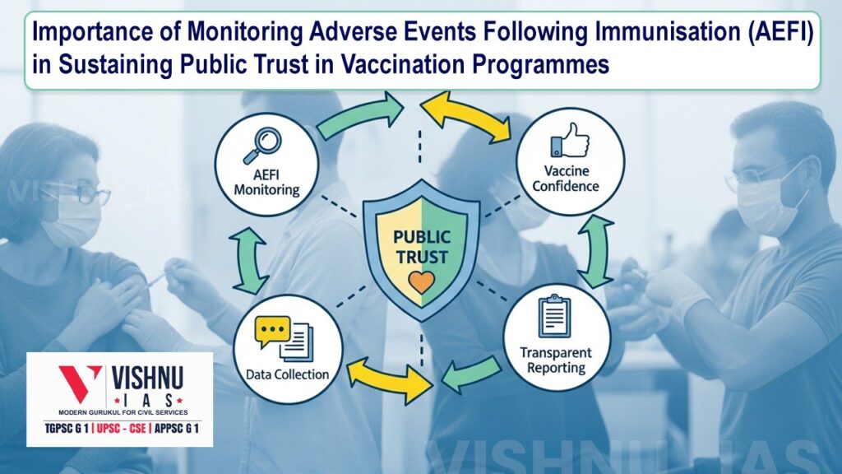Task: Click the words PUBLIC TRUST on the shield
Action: click(x=421, y=245)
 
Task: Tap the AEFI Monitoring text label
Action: click(x=267, y=183)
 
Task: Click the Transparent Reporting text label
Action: click(x=555, y=360)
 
